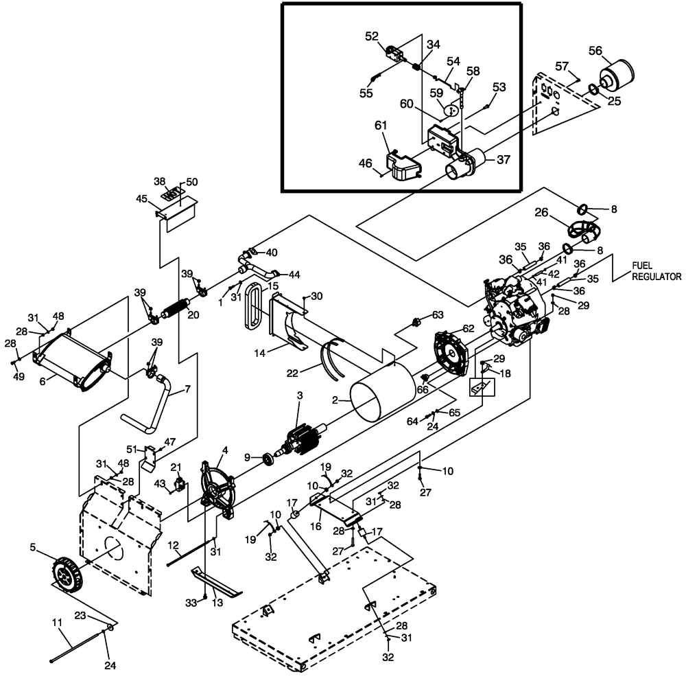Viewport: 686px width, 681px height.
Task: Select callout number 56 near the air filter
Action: click(x=595, y=50)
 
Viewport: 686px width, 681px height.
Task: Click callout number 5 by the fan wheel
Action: click(x=32, y=547)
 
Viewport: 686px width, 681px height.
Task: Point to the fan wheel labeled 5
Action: click(x=65, y=573)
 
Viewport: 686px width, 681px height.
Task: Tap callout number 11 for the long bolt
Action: click(x=58, y=622)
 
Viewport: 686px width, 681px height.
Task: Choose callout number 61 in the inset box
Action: click(x=381, y=126)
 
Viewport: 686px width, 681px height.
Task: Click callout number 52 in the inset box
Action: click(x=371, y=36)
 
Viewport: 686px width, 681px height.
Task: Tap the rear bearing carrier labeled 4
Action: click(x=215, y=485)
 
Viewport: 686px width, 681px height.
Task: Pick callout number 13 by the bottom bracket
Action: click(x=218, y=602)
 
